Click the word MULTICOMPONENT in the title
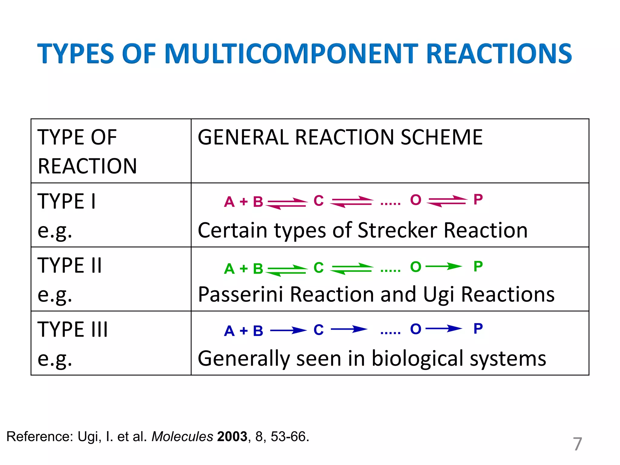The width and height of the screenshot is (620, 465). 292,54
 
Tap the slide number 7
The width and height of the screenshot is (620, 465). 577,444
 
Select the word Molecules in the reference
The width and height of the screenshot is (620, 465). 182,437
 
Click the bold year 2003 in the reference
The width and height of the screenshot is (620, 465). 232,437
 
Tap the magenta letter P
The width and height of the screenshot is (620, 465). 478,200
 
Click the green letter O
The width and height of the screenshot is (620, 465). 416,267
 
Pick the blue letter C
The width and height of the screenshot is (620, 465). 318,330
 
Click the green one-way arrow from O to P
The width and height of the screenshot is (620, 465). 444,266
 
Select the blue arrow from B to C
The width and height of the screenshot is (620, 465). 288,330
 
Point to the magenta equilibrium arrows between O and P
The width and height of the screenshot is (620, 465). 447,201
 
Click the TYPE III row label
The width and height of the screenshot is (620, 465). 73,329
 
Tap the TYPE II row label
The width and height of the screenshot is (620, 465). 70,265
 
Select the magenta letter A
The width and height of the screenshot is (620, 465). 229,202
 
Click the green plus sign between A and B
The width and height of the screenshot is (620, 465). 243,269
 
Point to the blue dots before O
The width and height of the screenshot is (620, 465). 391,333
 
